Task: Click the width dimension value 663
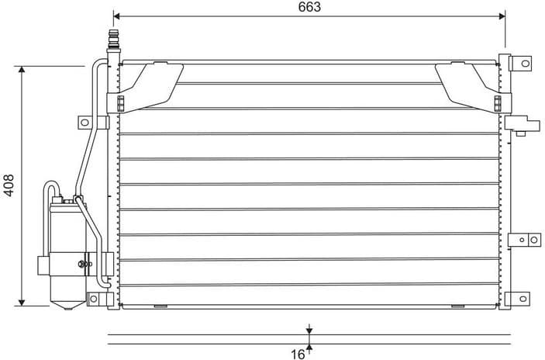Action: [309, 7]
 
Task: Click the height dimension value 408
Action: [9, 185]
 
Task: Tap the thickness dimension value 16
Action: [298, 354]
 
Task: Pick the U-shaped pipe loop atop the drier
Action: [51, 190]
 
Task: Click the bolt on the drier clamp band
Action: [81, 265]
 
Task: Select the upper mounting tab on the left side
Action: [85, 122]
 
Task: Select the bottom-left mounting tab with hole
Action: [94, 298]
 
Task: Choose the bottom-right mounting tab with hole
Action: [522, 299]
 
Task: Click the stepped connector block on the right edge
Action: [522, 123]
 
